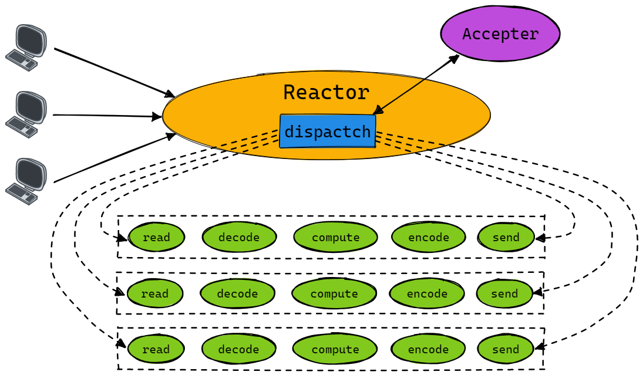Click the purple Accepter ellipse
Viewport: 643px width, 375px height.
pyautogui.click(x=500, y=33)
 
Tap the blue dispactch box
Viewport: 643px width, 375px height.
pyautogui.click(x=328, y=131)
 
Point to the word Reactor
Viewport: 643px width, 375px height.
pyautogui.click(x=326, y=93)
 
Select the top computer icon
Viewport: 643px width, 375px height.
pyautogui.click(x=26, y=48)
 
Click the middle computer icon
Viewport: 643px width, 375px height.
pyautogui.click(x=26, y=114)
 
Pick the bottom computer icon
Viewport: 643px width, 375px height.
pyautogui.click(x=26, y=181)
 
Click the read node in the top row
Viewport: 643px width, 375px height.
pyautogui.click(x=156, y=237)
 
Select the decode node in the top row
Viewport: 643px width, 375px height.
pyautogui.click(x=239, y=237)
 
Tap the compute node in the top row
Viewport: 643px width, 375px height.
pyautogui.click(x=335, y=237)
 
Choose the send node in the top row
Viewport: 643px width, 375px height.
pyautogui.click(x=506, y=237)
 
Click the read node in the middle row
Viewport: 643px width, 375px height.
pyautogui.click(x=155, y=293)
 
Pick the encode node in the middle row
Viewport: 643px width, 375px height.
pyautogui.click(x=427, y=293)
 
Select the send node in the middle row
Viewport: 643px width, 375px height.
pyautogui.click(x=504, y=293)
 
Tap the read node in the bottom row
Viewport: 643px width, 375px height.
pyautogui.click(x=156, y=349)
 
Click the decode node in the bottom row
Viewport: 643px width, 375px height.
pyautogui.click(x=238, y=349)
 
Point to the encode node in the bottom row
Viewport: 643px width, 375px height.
pyautogui.click(x=428, y=349)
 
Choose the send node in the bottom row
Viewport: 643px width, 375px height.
pyautogui.click(x=506, y=349)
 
